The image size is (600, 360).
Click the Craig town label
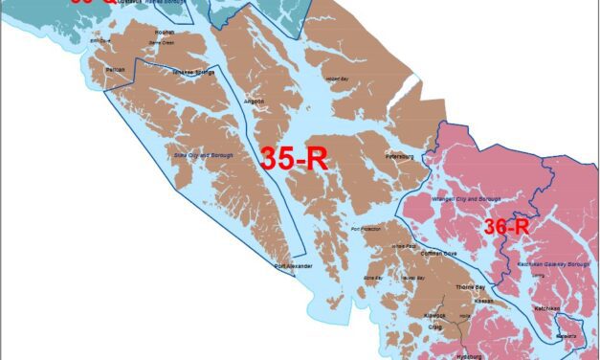[x=436, y=326]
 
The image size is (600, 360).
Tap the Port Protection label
[x=367, y=230]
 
